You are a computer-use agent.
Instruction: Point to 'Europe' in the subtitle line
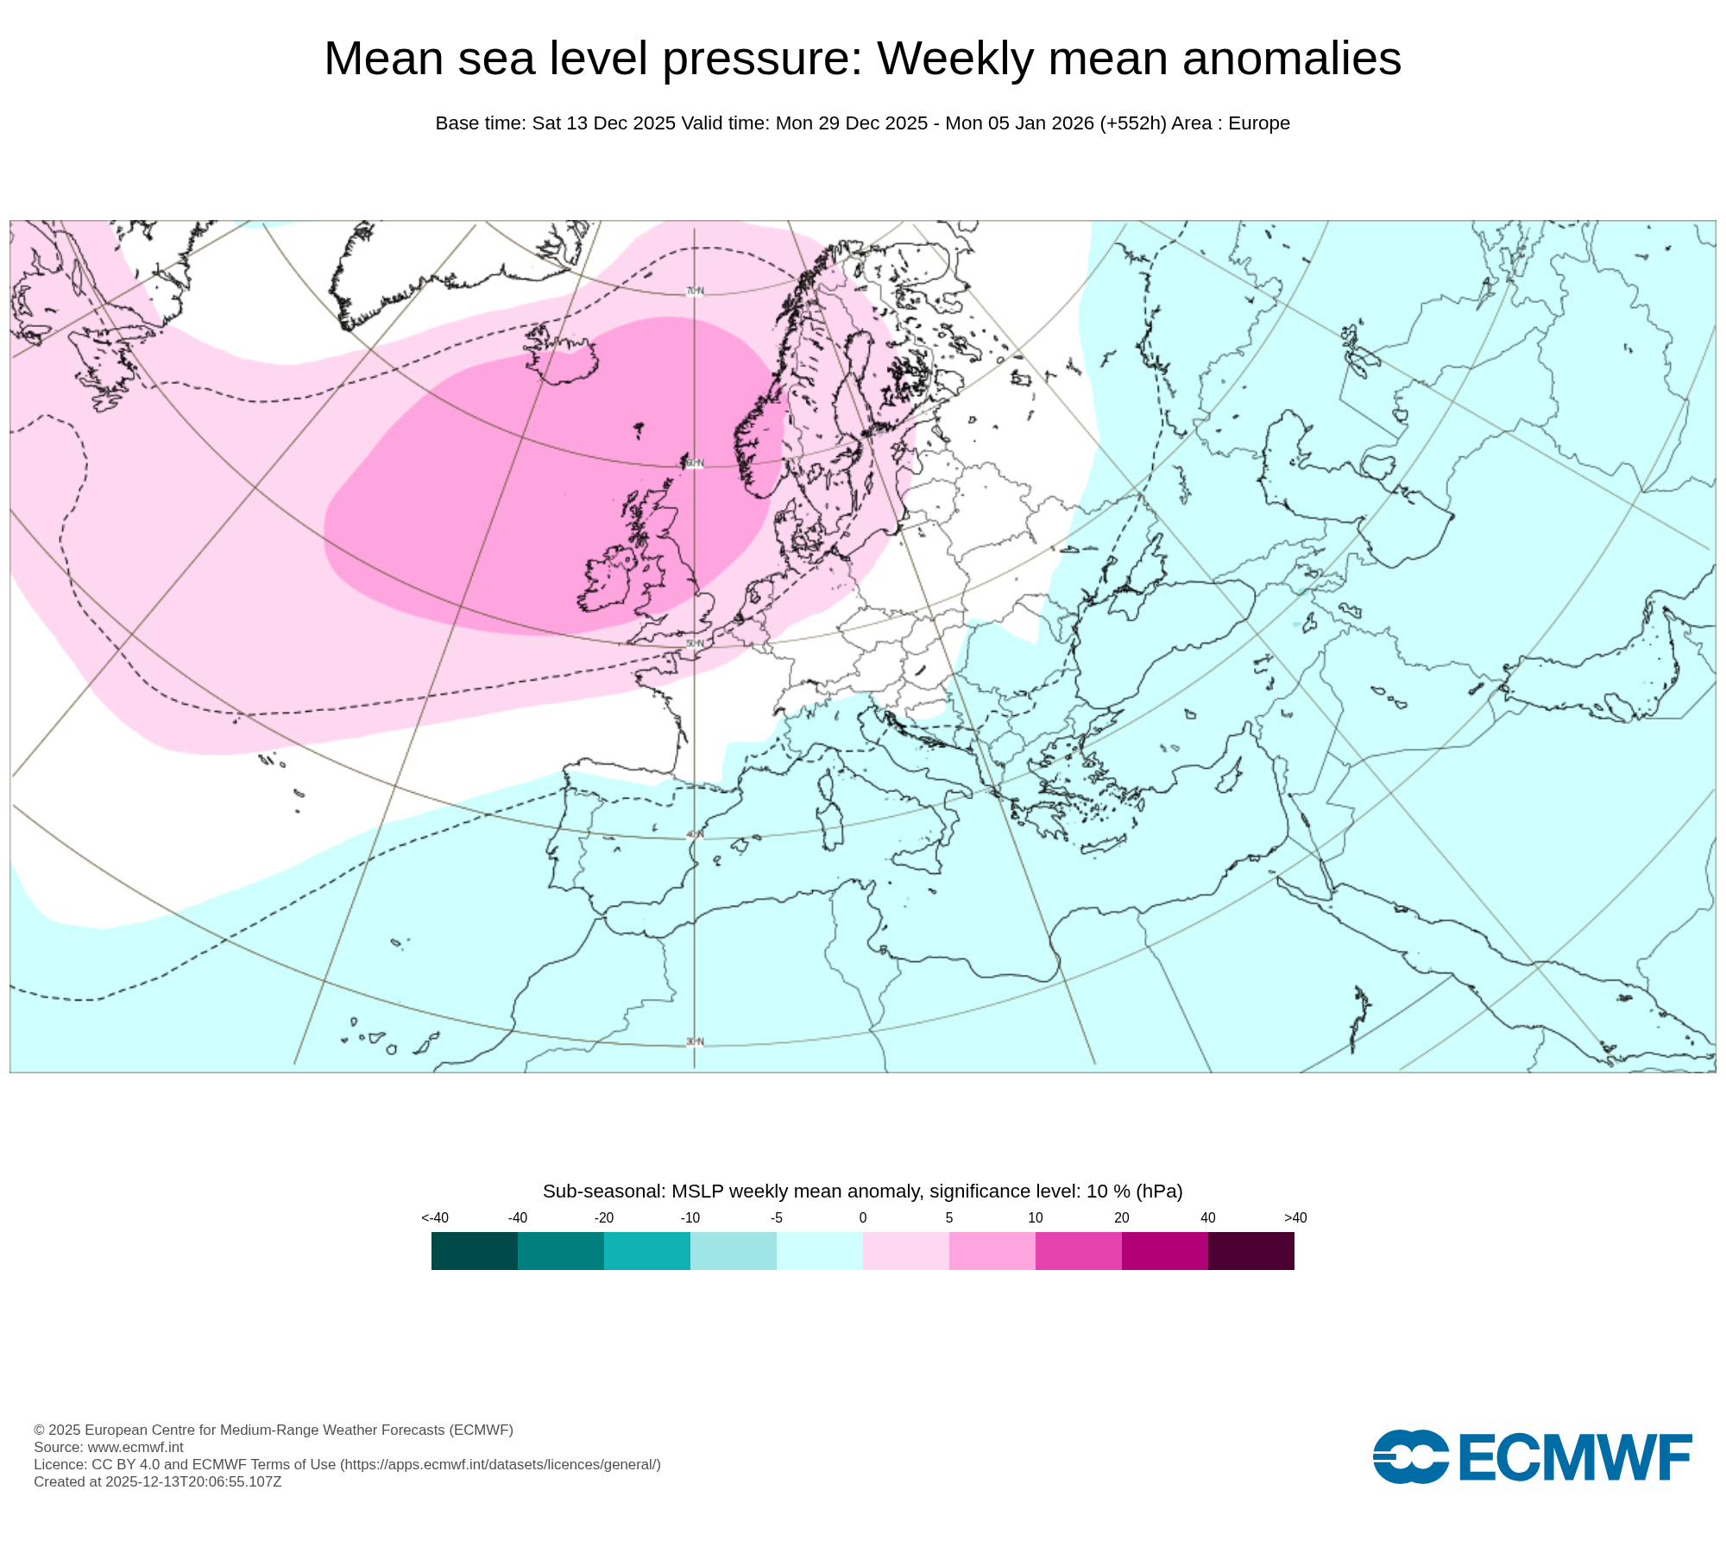[1259, 123]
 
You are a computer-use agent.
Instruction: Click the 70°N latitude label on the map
[695, 292]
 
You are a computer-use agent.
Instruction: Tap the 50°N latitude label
[695, 644]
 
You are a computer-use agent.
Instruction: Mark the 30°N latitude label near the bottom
[695, 1042]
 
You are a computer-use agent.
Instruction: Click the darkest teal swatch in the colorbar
[474, 1251]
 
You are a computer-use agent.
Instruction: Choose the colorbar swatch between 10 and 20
[1078, 1251]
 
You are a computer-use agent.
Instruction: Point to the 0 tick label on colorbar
[863, 1218]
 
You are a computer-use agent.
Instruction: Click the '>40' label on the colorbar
[1295, 1218]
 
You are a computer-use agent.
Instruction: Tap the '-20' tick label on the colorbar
[604, 1218]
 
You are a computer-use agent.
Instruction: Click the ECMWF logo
[1532, 1457]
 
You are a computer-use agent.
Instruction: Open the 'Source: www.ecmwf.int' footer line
[109, 1447]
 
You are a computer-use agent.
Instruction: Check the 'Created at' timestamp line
[158, 1481]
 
